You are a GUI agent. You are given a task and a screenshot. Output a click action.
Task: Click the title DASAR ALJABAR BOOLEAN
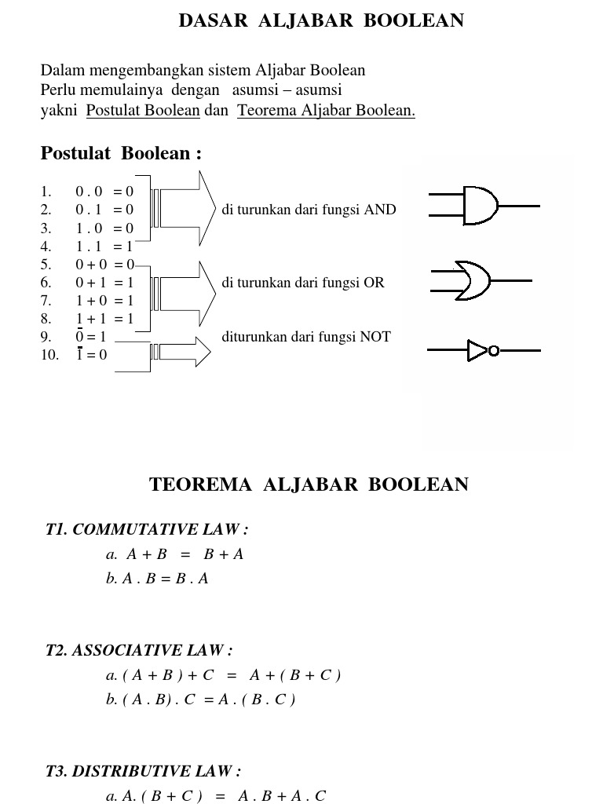click(321, 20)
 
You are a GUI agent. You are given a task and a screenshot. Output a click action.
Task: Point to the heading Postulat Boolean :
click(121, 153)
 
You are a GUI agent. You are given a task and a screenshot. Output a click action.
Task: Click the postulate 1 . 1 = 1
click(104, 247)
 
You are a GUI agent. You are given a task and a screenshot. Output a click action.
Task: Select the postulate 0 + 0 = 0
click(104, 265)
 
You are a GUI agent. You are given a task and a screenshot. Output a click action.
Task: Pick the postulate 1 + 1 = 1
click(104, 319)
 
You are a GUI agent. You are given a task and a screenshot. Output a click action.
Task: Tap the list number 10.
click(49, 355)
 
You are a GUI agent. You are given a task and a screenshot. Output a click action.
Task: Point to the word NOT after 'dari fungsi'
click(375, 337)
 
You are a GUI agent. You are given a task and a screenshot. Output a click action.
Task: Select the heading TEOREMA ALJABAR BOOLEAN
click(309, 484)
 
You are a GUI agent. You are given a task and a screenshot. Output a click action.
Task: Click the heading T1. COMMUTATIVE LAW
click(147, 530)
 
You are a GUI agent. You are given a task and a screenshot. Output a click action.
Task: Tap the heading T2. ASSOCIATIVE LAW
click(139, 650)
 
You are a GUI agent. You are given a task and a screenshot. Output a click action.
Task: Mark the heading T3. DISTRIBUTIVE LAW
click(143, 771)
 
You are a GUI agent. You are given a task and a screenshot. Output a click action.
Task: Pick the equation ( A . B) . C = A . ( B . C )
click(200, 699)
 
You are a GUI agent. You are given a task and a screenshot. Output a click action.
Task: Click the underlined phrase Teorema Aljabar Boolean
click(326, 111)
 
